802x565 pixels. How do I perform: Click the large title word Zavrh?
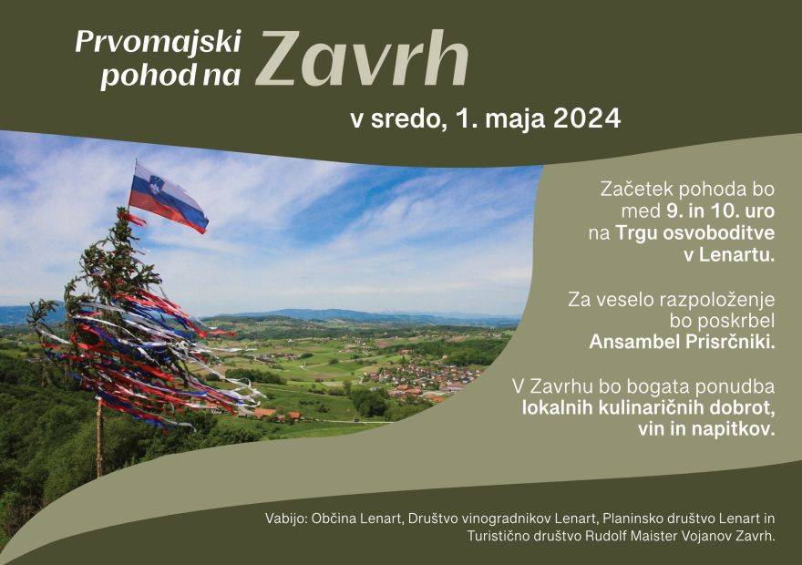362,59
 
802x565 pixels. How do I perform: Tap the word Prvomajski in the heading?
158,42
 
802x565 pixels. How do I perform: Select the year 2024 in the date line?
587,118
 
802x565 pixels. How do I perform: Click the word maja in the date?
514,119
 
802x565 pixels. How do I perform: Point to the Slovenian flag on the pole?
168,198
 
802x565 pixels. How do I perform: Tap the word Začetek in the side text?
636,190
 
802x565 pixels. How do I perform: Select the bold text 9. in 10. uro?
720,211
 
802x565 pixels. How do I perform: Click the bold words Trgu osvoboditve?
695,233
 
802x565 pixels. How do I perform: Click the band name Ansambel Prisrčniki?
682,342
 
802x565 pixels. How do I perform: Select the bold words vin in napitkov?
706,429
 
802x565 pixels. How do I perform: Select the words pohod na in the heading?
170,76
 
